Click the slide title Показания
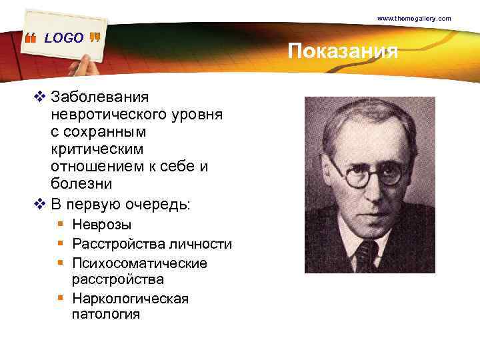[x=343, y=51]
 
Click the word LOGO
[x=64, y=39]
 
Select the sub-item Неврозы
[x=102, y=225]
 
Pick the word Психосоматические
[x=139, y=263]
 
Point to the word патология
[x=105, y=313]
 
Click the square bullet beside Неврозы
[x=61, y=225]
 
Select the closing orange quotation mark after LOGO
[x=94, y=37]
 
